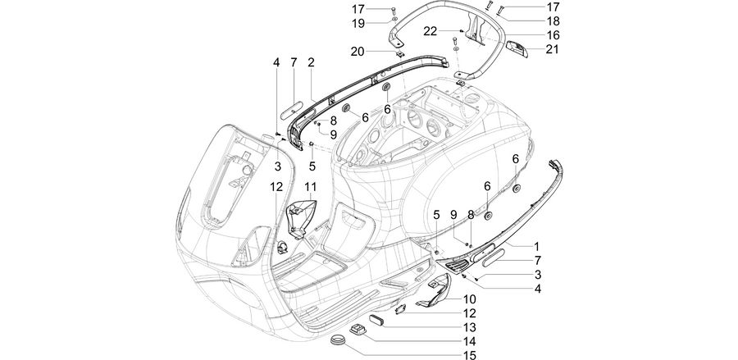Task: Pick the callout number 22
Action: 430,31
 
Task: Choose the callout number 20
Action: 358,51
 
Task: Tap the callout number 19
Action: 358,23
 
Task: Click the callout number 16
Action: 553,34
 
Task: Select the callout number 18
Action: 553,21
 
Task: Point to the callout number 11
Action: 310,187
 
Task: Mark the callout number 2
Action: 311,62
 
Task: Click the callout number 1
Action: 536,246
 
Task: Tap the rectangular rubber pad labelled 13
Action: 376,321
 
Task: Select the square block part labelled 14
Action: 358,330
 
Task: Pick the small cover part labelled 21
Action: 517,48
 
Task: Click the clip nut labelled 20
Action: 399,55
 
